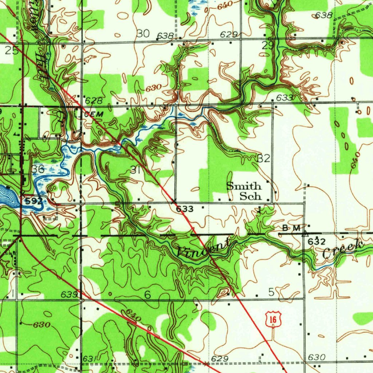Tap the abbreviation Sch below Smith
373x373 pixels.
(250, 196)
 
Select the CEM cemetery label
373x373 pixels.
(93, 114)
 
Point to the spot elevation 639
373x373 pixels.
(70, 294)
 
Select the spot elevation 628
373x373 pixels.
(94, 100)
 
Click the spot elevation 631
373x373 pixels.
(89, 359)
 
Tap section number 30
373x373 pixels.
(143, 34)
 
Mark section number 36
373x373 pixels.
(38, 169)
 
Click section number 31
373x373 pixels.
(135, 170)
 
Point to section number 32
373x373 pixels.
(263, 158)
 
